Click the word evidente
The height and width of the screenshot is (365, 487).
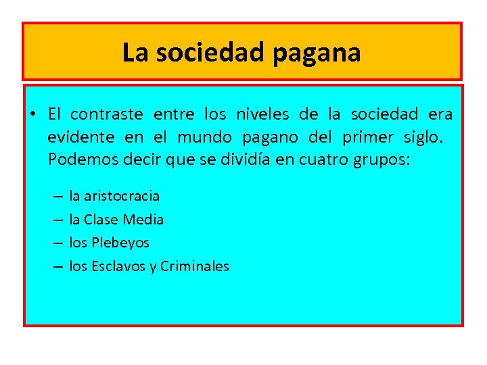click(81, 138)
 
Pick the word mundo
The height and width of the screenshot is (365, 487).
click(202, 138)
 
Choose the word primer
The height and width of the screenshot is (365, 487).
click(367, 138)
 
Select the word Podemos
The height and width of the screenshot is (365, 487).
click(78, 161)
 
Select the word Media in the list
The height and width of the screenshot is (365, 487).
click(145, 220)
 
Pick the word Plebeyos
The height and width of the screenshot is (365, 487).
click(120, 243)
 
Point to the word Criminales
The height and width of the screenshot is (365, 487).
click(195, 266)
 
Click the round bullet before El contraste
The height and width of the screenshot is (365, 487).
click(32, 114)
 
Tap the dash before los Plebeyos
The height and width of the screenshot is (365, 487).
click(59, 243)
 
